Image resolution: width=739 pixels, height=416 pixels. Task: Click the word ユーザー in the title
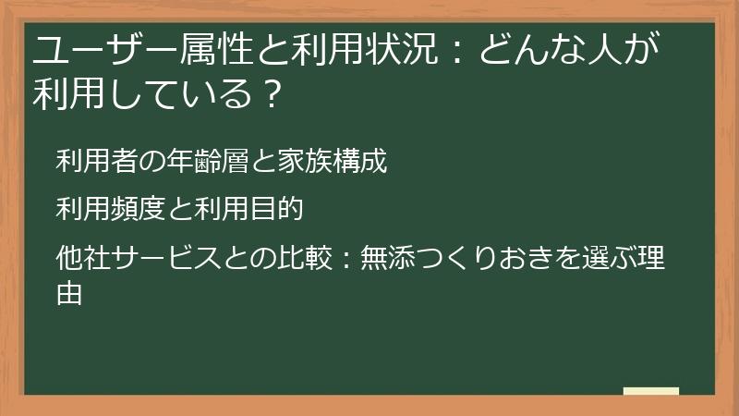click(x=90, y=47)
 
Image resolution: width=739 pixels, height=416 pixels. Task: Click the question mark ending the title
click(x=269, y=93)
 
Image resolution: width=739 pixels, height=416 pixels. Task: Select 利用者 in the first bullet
click(x=94, y=162)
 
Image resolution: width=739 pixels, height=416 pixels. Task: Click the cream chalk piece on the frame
click(x=651, y=391)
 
